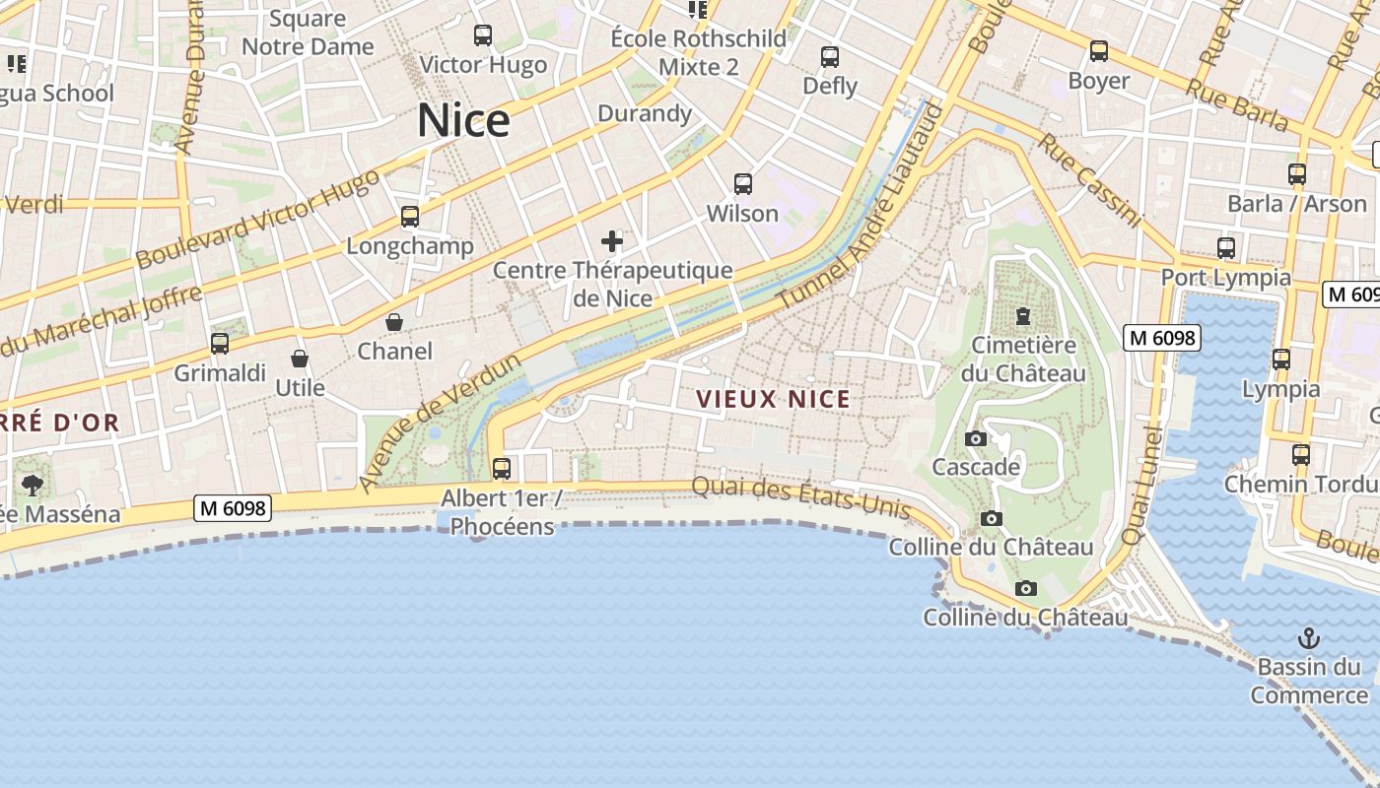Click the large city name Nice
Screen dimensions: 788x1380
coord(463,120)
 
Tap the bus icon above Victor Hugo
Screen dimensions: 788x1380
coord(483,35)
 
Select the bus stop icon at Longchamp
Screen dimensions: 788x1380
coord(410,217)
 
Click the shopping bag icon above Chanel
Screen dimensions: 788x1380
coord(394,322)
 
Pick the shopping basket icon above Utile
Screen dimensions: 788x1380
coord(300,359)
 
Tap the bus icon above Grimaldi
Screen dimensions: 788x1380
coord(220,344)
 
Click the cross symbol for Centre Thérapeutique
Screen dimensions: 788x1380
coord(612,240)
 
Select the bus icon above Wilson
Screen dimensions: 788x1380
coord(743,184)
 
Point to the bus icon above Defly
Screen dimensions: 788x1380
coord(830,57)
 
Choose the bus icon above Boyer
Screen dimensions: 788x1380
coord(1099,51)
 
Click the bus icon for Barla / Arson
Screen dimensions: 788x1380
coord(1297,174)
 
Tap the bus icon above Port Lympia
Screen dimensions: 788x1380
coord(1226,248)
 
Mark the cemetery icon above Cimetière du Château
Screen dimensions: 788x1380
coord(1023,316)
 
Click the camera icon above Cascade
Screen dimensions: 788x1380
coord(976,438)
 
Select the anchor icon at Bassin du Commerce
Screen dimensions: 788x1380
coord(1309,637)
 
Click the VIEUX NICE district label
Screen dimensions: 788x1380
coord(773,399)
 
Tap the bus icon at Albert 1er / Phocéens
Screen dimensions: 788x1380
coord(502,468)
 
